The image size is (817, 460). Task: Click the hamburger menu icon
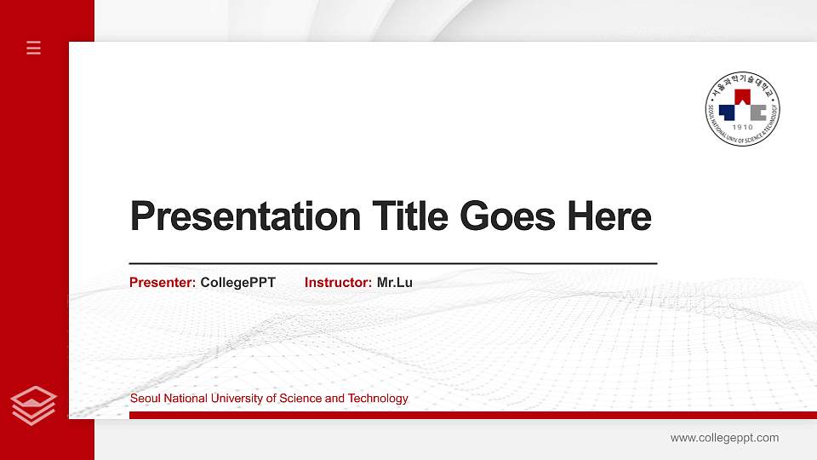coord(34,48)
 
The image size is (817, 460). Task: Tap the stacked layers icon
coord(34,405)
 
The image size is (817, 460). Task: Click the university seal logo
coord(743,107)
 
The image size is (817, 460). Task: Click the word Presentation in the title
coord(245,216)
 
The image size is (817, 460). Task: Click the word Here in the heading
coord(609,216)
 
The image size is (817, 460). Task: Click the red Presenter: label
coord(163,282)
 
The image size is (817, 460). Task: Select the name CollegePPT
coord(238,282)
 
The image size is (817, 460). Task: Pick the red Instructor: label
coord(338,282)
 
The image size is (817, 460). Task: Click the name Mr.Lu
coord(395,282)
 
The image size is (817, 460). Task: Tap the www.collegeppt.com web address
coord(724,438)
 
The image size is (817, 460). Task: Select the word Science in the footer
coord(301,399)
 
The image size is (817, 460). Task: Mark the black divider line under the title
coord(393,263)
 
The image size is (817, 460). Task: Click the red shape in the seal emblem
coord(742,96)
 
